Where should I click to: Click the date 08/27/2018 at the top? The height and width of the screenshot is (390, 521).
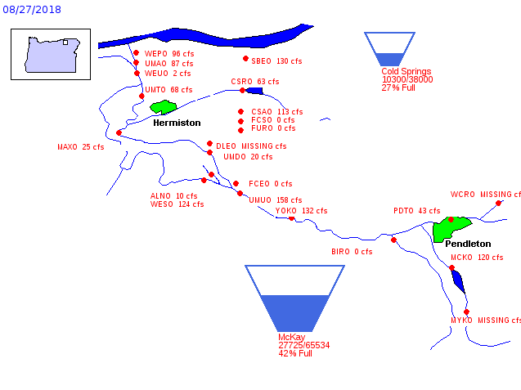point(30,10)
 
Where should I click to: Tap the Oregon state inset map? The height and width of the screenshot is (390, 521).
point(51,54)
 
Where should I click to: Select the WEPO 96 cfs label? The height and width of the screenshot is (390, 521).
point(168,54)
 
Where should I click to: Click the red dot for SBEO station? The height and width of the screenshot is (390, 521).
point(245,58)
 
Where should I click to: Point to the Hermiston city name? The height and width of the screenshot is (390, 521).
point(177,123)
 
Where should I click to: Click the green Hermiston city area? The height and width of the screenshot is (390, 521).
point(164,107)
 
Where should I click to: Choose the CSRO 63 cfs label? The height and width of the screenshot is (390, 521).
point(254,82)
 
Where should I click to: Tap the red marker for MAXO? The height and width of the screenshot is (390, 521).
point(119,132)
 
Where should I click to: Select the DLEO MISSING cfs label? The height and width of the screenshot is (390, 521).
point(251,146)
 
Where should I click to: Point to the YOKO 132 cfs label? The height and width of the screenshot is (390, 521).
point(301,211)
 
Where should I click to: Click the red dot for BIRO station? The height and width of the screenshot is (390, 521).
point(393,240)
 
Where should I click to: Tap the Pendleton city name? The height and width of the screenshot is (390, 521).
point(468,244)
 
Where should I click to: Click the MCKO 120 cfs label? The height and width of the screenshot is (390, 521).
point(476,258)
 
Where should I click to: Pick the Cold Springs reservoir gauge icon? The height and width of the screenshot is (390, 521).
point(389,49)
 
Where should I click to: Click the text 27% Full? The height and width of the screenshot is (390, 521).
point(398,88)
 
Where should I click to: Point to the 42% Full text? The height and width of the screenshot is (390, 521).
point(295,354)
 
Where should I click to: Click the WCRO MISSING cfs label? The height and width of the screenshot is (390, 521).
point(485,195)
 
